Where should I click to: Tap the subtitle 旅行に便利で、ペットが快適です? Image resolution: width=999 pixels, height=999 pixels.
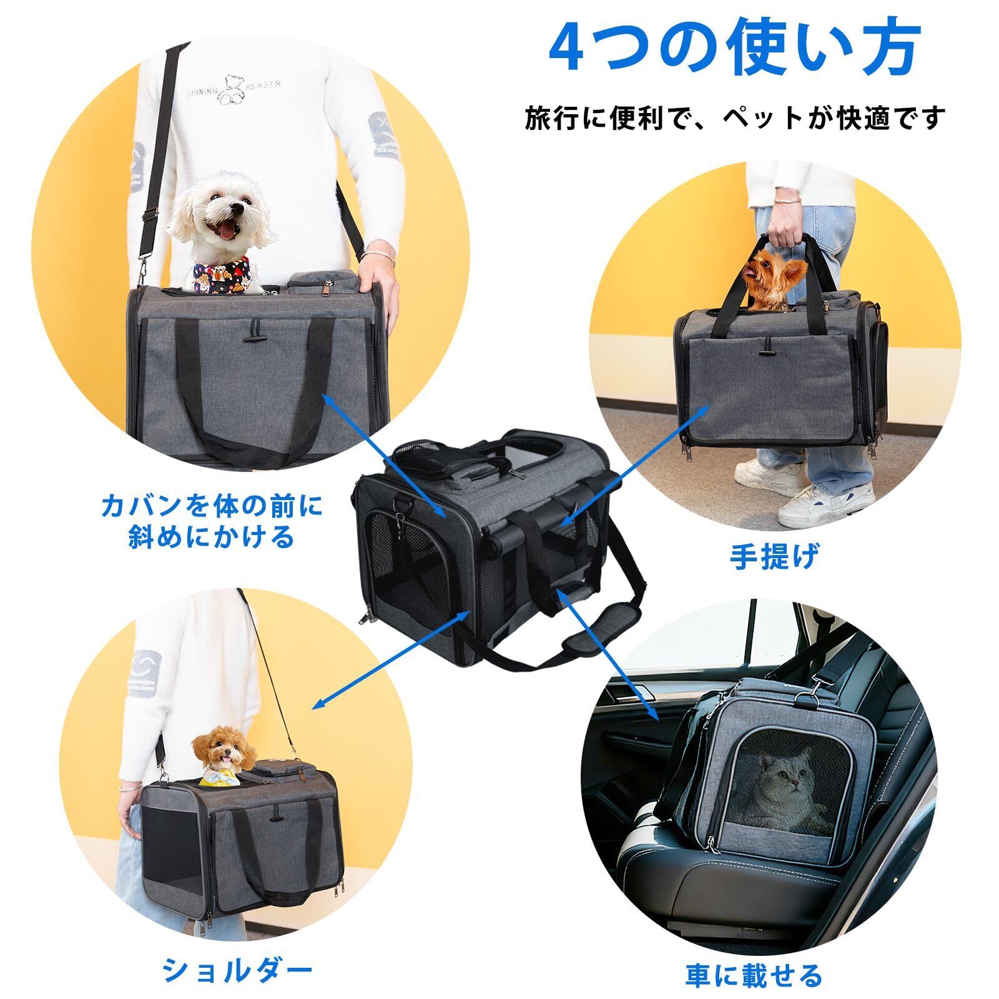click(x=735, y=118)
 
